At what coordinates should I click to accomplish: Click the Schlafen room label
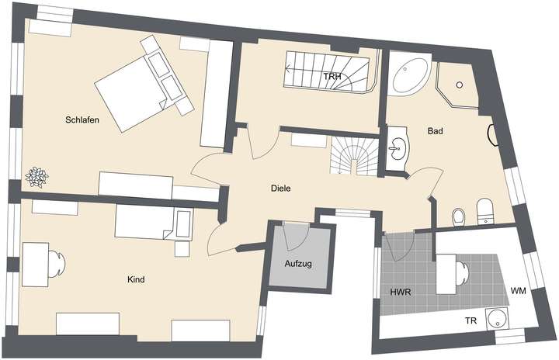coord(82,120)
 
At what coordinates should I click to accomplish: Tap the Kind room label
coord(137,279)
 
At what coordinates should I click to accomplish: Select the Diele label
coord(280,188)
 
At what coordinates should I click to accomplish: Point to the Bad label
coord(436,132)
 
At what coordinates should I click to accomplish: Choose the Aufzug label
coord(298,264)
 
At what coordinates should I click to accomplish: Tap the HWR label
coord(400,292)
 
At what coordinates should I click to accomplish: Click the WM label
coord(519,291)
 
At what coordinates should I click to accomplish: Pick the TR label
coord(470,320)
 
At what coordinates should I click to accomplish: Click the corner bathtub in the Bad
coord(408,76)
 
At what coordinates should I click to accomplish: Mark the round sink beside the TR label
coord(496,319)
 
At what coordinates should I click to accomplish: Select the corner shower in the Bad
coord(457,85)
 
